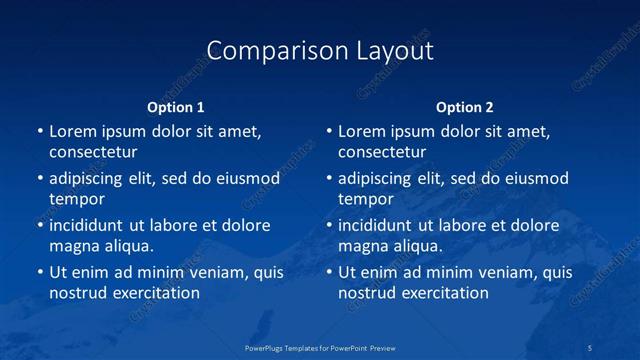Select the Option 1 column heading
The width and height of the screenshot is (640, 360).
point(175,107)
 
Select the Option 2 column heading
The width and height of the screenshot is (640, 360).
point(465,107)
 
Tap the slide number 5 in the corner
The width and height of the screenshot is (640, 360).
point(591,347)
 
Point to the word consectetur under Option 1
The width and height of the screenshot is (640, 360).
point(93,153)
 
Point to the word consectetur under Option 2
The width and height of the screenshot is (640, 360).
point(382,153)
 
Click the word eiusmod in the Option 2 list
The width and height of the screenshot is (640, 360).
point(537,179)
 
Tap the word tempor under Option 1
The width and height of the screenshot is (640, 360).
point(77,200)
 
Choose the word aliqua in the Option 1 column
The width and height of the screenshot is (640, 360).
point(124,246)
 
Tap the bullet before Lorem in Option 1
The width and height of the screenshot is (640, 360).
point(40,132)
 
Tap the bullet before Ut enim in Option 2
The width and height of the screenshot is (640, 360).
point(329,272)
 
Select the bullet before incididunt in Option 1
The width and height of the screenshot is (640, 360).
point(40,226)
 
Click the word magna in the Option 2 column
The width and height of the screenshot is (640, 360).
point(362,246)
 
